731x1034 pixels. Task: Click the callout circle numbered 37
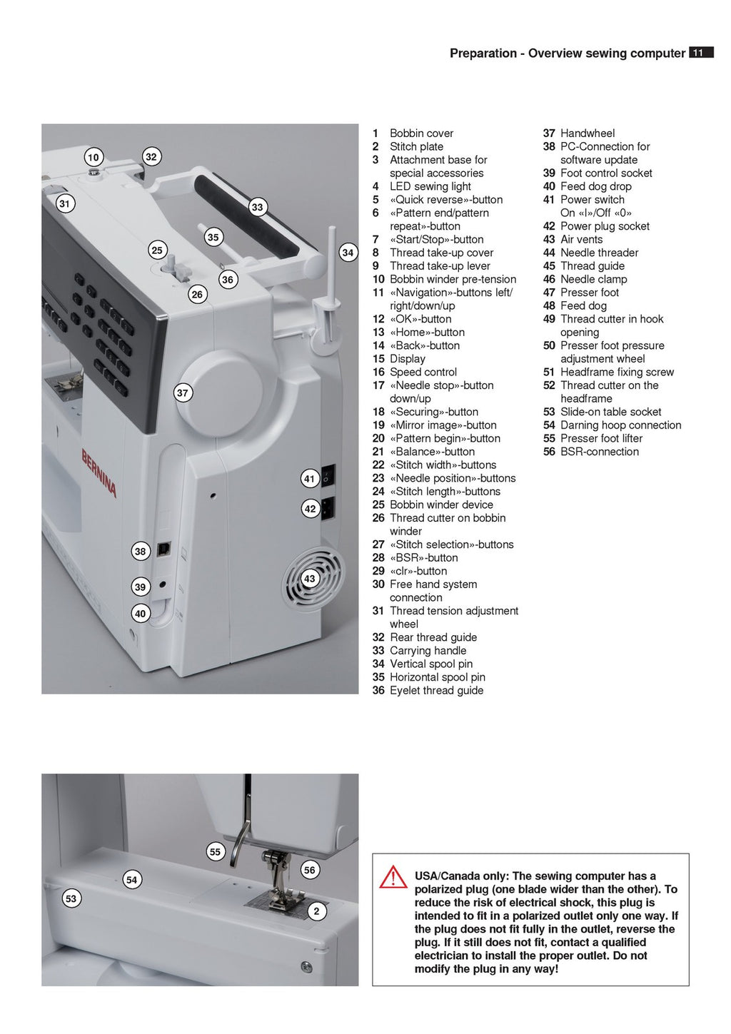(x=183, y=392)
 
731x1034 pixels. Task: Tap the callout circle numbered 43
(x=309, y=579)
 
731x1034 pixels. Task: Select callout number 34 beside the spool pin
(x=348, y=252)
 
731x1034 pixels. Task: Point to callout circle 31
(x=65, y=203)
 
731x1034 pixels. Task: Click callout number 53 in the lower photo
(x=71, y=898)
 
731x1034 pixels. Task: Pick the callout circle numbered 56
(x=309, y=870)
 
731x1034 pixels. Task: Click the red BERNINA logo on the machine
(x=99, y=472)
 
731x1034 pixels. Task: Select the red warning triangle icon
(x=393, y=877)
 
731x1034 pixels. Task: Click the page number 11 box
(x=700, y=52)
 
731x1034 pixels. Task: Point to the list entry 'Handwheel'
(x=587, y=133)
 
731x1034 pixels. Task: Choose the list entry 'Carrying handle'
(x=428, y=650)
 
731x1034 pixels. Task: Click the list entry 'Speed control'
(x=423, y=372)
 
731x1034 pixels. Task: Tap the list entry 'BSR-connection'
(x=599, y=451)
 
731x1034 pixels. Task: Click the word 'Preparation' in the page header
(x=483, y=53)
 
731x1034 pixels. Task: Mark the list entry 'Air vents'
(x=581, y=239)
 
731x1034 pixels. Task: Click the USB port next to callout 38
(x=163, y=548)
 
